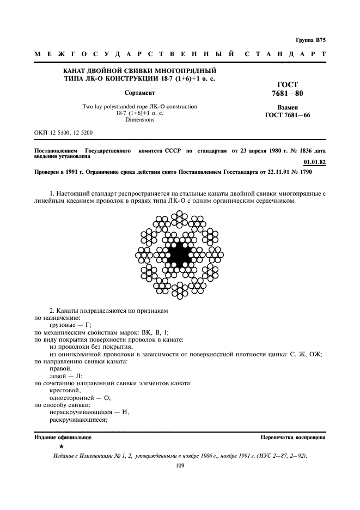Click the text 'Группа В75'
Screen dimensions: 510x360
[310, 40]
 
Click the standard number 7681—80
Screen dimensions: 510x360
[287, 94]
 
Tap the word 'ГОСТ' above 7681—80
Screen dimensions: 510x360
[288, 84]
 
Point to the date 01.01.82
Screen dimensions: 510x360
[314, 162]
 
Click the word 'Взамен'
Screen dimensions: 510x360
[287, 108]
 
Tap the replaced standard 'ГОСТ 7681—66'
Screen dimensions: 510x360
[287, 116]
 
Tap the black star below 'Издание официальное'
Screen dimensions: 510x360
[54, 446]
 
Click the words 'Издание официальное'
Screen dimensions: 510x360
[63, 438]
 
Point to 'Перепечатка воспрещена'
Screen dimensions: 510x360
[293, 438]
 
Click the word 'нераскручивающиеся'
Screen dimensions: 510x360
[80, 412]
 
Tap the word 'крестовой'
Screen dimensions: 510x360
[65, 390]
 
